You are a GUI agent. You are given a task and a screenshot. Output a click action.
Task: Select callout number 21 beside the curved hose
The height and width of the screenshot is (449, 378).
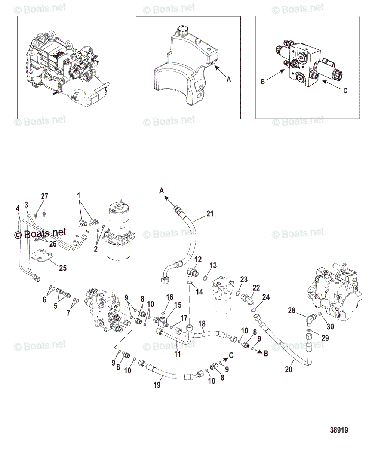pyautogui.click(x=210, y=214)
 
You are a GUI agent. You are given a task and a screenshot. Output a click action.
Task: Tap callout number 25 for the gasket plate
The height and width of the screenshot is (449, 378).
pyautogui.click(x=62, y=268)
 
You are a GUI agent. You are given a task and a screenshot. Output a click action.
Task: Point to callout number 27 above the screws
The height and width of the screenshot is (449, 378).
pyautogui.click(x=44, y=196)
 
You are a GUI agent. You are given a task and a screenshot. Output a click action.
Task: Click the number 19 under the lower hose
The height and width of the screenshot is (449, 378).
pyautogui.click(x=157, y=384)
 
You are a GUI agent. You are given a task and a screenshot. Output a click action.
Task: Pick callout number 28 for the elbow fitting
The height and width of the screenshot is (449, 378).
pyautogui.click(x=292, y=310)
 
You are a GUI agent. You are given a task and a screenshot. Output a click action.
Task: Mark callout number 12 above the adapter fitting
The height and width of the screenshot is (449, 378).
pyautogui.click(x=198, y=259)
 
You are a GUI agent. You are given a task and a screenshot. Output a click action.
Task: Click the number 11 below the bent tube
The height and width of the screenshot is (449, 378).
pyautogui.click(x=178, y=354)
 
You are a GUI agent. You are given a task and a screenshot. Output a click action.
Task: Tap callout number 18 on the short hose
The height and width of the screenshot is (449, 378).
pyautogui.click(x=202, y=323)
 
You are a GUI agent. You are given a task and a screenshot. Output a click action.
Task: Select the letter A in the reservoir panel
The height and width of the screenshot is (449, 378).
pyautogui.click(x=229, y=79)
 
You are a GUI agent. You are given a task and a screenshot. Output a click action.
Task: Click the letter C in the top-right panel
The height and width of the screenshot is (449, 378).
pyautogui.click(x=345, y=91)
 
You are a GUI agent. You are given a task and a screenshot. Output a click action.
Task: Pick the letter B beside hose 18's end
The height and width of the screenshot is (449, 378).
pyautogui.click(x=266, y=353)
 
